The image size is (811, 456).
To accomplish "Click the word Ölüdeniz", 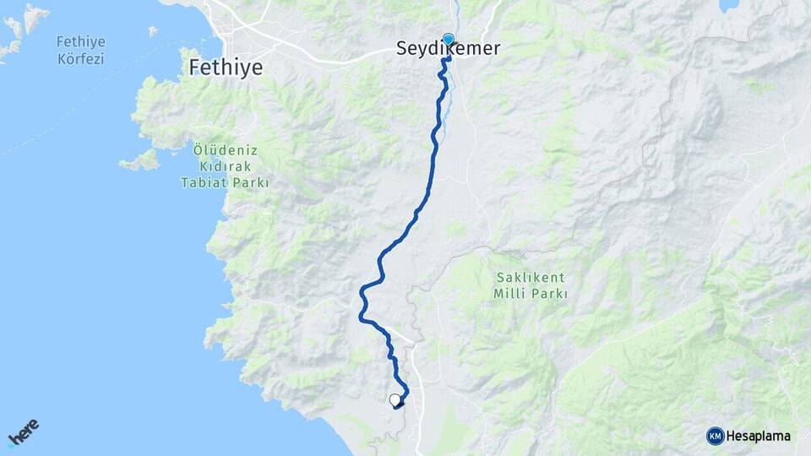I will (224, 149).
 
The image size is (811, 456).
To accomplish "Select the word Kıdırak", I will (224, 166).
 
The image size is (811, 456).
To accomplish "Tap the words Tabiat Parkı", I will (224, 182).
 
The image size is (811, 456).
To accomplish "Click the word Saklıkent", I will (530, 278).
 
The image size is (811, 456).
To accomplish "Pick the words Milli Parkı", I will (530, 294).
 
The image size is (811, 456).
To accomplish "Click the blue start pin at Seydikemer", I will (448, 39).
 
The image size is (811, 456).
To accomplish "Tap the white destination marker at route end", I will (395, 400).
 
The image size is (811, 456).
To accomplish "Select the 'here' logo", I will (24, 432).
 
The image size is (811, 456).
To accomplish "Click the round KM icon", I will (715, 436).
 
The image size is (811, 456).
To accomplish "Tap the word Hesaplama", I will (759, 436).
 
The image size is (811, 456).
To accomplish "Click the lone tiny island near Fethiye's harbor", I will (153, 31).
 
